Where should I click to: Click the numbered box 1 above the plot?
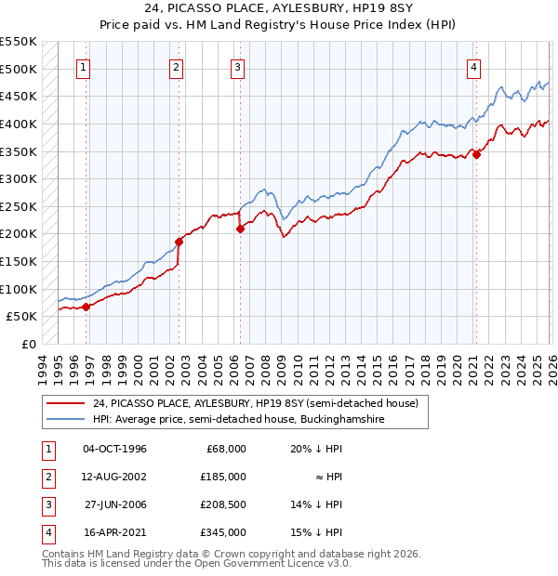pyautogui.click(x=84, y=67)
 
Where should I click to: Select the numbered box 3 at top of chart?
pyautogui.click(x=238, y=67)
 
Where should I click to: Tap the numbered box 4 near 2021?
pyautogui.click(x=474, y=67)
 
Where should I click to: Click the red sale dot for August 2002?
pyautogui.click(x=179, y=242)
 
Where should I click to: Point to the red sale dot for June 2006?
pyautogui.click(x=240, y=229)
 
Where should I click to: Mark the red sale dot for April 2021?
pyautogui.click(x=476, y=154)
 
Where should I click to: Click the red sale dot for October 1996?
pyautogui.click(x=86, y=306)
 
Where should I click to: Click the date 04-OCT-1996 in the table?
pyautogui.click(x=114, y=449)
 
